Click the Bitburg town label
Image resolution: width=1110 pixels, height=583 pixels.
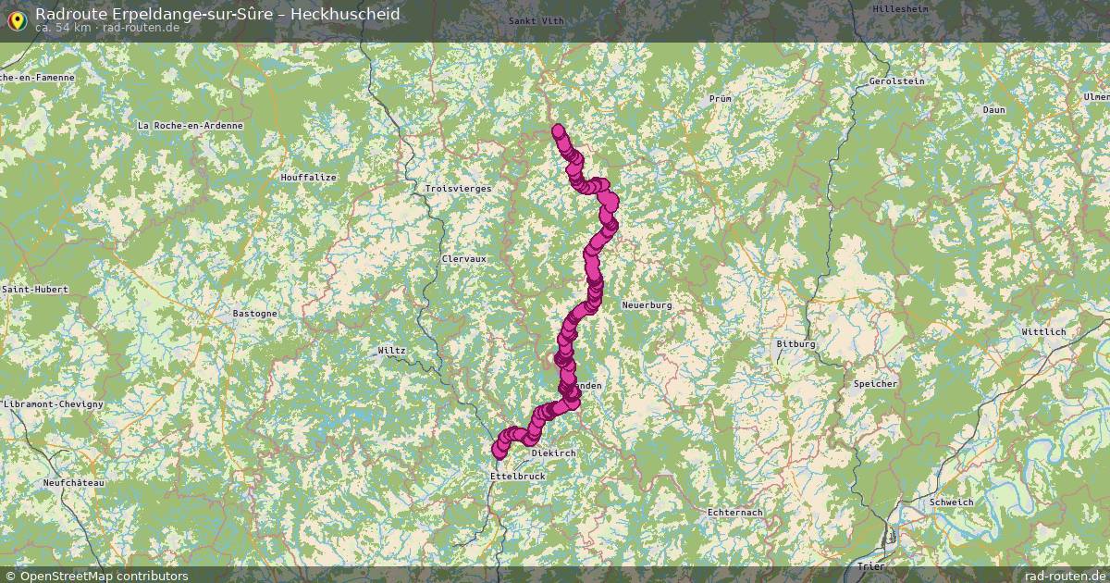(x=795, y=344)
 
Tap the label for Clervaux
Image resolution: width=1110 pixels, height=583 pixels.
(x=463, y=259)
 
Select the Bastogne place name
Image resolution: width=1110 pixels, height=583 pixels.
(x=254, y=314)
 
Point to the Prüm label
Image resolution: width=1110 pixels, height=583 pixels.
(x=720, y=98)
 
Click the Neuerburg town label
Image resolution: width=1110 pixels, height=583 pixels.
(x=647, y=304)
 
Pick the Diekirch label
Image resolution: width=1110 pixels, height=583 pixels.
(x=554, y=453)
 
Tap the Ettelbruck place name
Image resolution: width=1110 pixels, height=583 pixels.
(x=517, y=476)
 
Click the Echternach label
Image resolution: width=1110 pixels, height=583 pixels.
(x=734, y=512)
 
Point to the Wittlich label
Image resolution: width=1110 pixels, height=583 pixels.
(x=1043, y=331)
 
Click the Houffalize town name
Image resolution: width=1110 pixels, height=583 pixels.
(x=309, y=177)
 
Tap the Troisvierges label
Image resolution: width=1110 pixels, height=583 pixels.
(x=458, y=188)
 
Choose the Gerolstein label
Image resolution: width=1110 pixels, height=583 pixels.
(x=896, y=81)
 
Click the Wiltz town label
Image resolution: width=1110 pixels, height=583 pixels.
(x=391, y=351)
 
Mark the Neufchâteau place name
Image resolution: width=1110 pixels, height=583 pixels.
(x=74, y=483)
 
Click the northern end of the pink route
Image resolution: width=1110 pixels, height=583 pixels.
(x=558, y=130)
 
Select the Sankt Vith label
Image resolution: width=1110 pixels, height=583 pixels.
(x=536, y=20)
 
